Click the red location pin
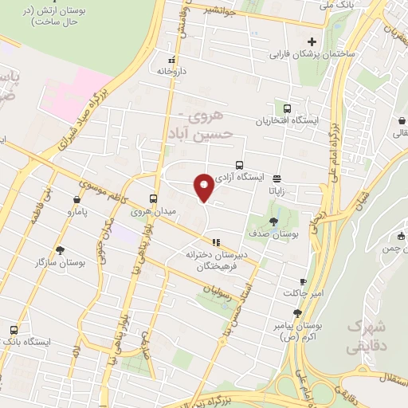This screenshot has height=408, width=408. coord(204,186)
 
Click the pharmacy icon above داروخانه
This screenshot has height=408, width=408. coord(171,60)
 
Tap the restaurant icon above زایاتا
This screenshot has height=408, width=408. coord(277,178)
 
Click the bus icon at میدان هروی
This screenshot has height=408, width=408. coord(153,198)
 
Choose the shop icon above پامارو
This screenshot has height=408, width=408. coord(76,199)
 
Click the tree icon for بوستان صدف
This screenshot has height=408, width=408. coord(274,222)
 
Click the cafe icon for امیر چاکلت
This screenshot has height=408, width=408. coord(303,282)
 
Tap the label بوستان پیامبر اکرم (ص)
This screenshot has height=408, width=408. coord(300,331)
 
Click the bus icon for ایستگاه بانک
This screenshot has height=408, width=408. coord(13,329)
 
